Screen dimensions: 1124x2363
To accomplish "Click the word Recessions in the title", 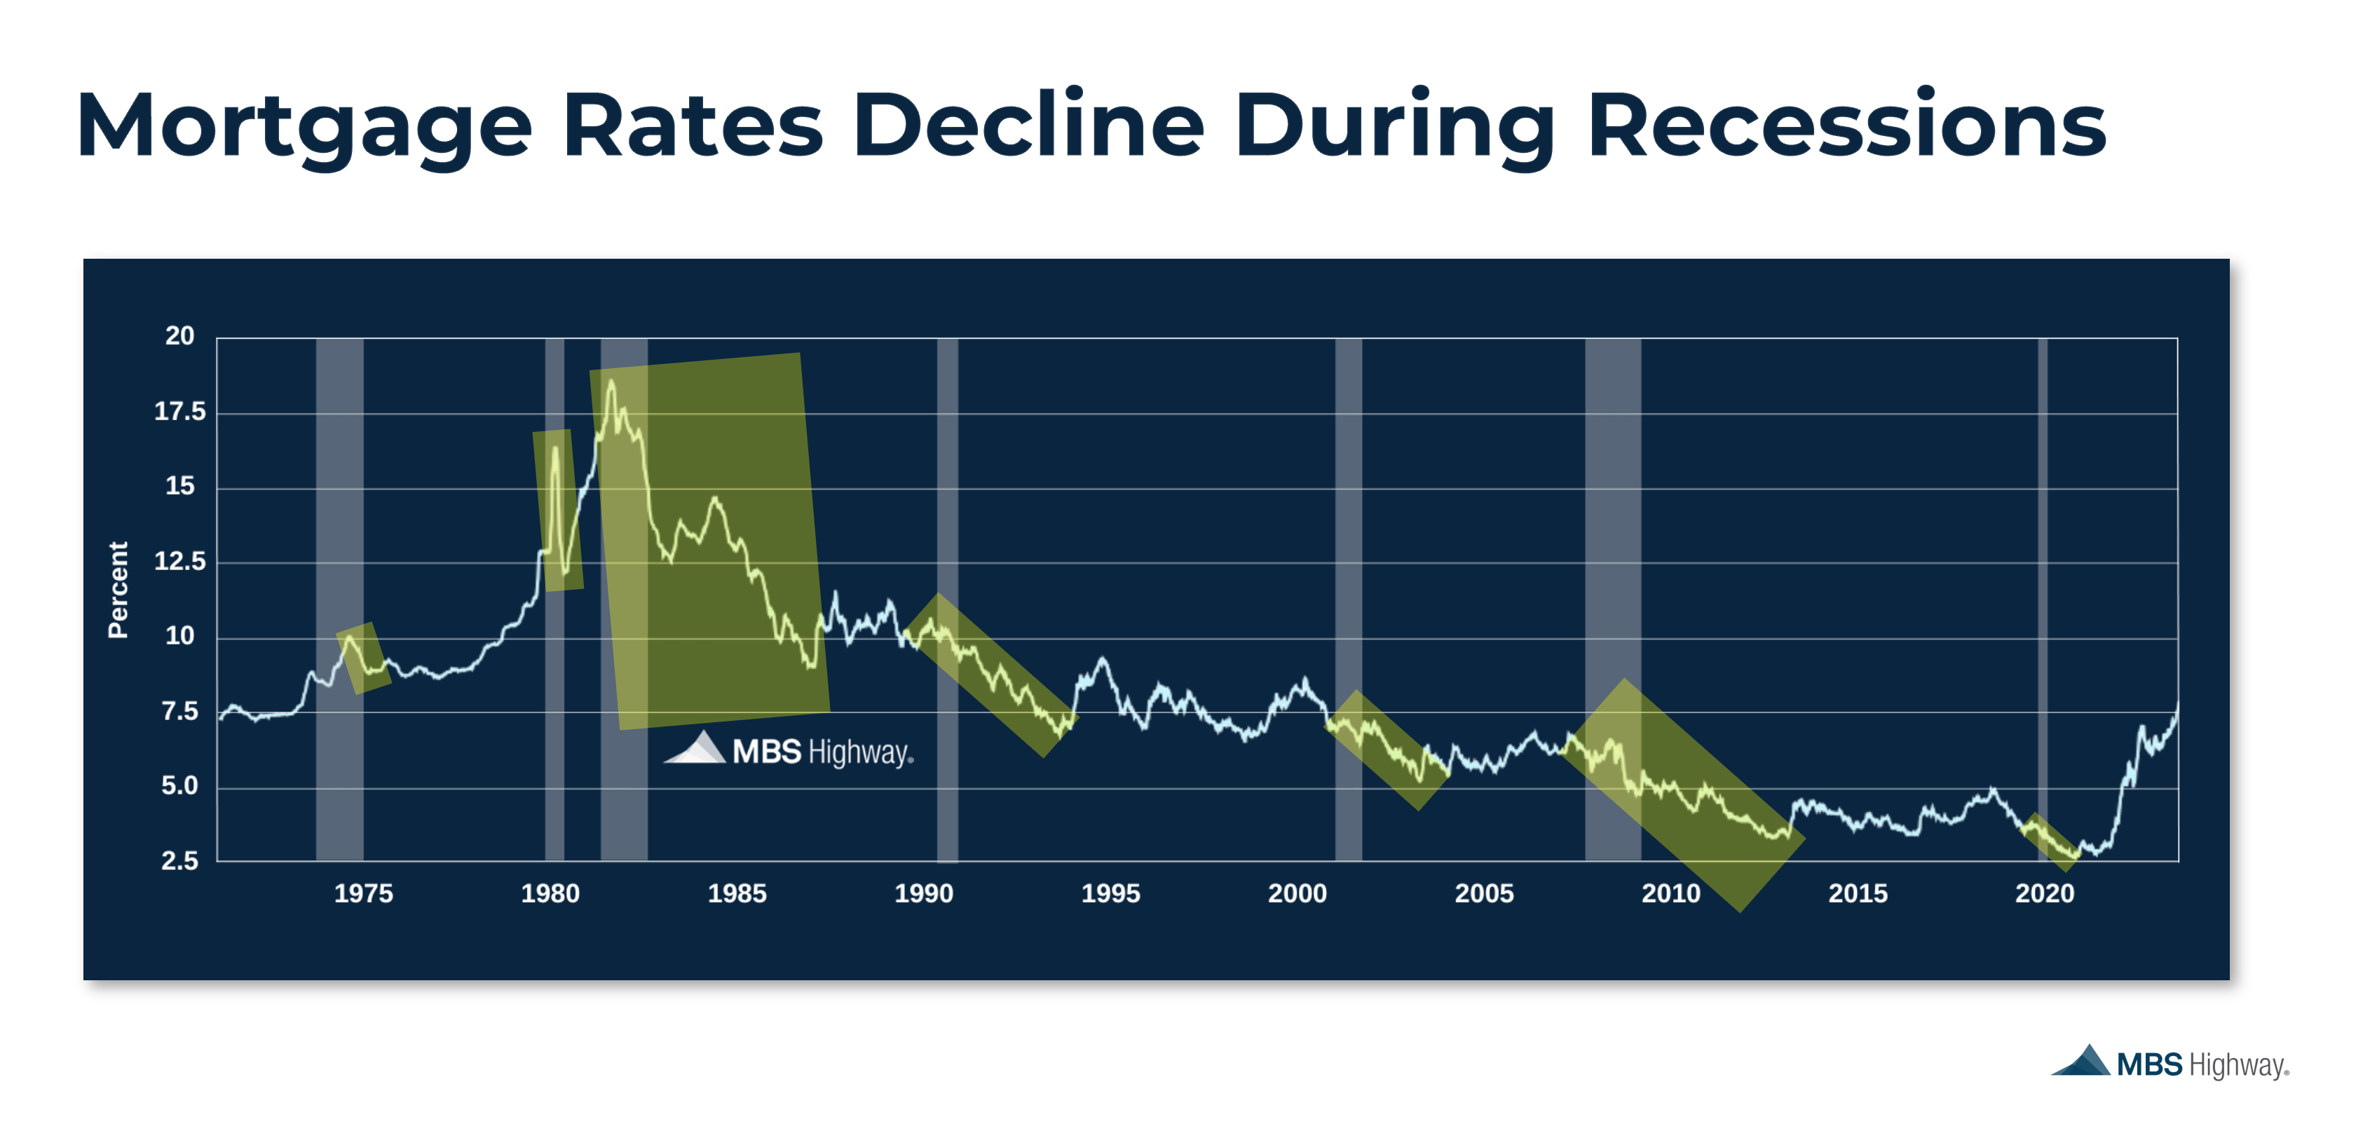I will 1846,125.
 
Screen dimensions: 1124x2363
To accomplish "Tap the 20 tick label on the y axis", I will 179,336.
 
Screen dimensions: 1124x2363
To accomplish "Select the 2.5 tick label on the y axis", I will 179,860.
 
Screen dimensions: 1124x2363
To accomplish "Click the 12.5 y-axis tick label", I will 179,561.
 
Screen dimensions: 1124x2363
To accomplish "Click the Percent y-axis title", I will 118,589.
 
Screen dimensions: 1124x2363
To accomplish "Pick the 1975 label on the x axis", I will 363,894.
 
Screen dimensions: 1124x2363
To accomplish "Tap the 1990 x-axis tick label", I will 924,894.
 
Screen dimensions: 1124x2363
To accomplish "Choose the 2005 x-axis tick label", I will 1484,894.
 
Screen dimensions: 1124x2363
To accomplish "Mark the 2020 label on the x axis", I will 2045,894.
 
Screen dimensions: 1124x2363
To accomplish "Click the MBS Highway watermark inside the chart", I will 790,750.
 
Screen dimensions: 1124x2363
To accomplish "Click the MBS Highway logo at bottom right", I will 2170,1064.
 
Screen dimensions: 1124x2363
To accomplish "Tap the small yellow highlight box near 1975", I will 363,658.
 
